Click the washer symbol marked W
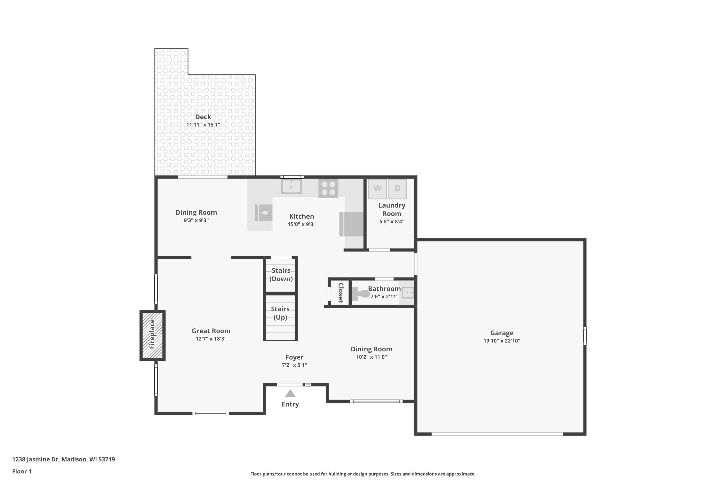(x=377, y=189)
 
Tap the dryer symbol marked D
(x=398, y=189)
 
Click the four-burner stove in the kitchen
(x=328, y=188)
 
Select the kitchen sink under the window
(x=291, y=186)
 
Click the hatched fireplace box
(x=152, y=335)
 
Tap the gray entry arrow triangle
(x=290, y=393)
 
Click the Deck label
(x=203, y=117)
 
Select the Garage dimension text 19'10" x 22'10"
(x=502, y=341)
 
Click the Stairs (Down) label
(x=281, y=274)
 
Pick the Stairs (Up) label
(x=280, y=313)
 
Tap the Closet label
(x=340, y=293)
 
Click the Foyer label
(x=294, y=357)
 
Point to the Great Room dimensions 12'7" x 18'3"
(x=211, y=339)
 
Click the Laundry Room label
(x=392, y=209)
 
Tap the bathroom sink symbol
(x=408, y=293)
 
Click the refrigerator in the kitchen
(x=352, y=224)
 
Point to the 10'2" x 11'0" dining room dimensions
(x=371, y=357)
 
